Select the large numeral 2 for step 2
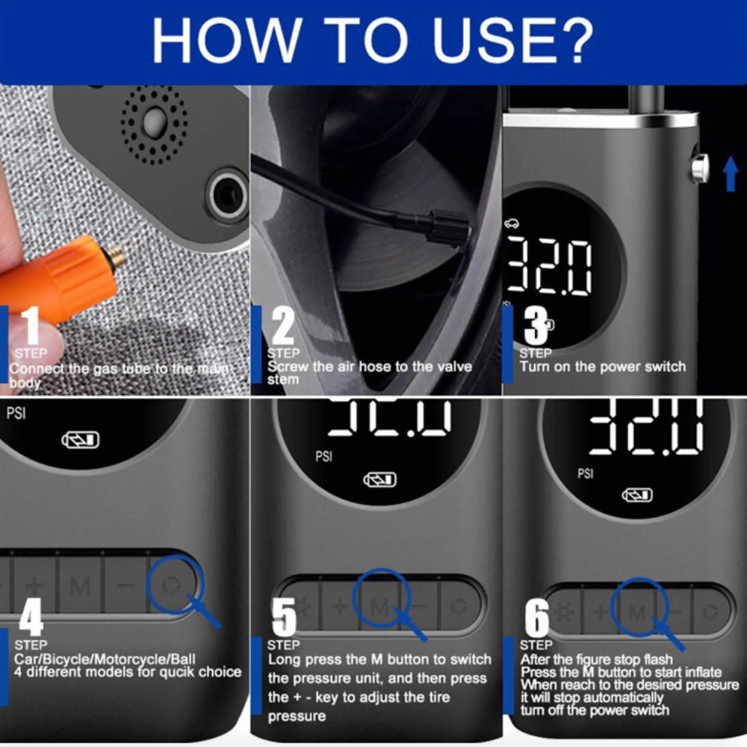pos(282,326)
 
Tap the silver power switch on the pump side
pos(700,168)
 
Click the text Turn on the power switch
pos(602,367)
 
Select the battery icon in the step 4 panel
pos(80,440)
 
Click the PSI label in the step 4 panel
pos(16,413)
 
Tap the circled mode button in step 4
pos(173,584)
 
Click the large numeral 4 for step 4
pos(31,616)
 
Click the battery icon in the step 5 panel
pos(379,479)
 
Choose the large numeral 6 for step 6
pos(536,617)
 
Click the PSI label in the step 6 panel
pos(586,472)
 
